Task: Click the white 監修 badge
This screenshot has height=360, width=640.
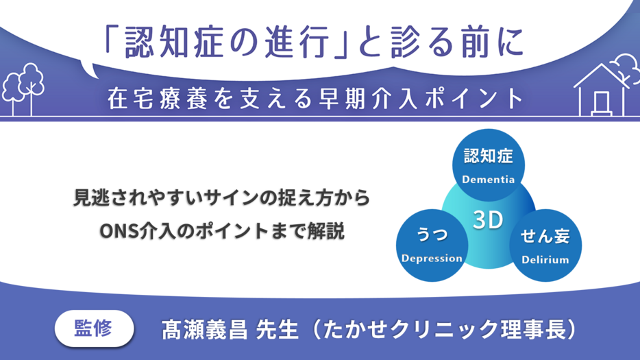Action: click(x=95, y=328)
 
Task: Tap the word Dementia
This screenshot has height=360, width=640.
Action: click(x=488, y=180)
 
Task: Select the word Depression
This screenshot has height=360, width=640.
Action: click(x=432, y=259)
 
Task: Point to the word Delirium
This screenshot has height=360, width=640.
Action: click(x=545, y=260)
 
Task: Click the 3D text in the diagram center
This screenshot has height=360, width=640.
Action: click(x=488, y=220)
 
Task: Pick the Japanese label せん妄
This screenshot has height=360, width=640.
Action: click(x=545, y=236)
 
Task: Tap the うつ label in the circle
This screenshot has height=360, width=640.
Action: click(x=432, y=235)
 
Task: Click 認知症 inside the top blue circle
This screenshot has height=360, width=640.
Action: click(x=488, y=156)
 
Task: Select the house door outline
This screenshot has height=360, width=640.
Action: click(x=601, y=103)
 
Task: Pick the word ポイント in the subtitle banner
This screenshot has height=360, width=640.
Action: click(x=474, y=99)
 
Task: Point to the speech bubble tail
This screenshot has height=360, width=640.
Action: click(x=89, y=69)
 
